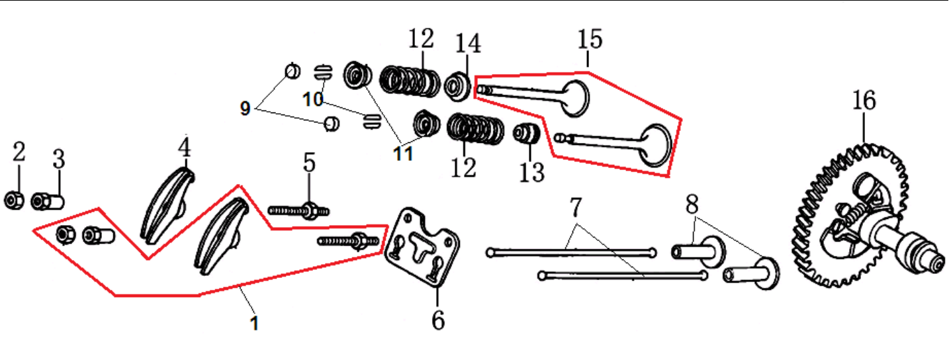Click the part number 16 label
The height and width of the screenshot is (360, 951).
[x=864, y=101]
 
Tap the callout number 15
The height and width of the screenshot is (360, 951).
[x=589, y=40]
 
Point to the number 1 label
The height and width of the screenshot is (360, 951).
[x=253, y=324]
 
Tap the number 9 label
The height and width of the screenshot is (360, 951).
[x=246, y=109]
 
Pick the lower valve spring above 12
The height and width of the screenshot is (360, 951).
[x=475, y=130]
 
